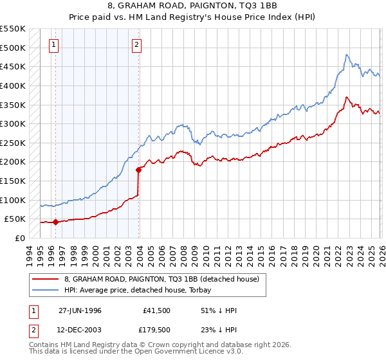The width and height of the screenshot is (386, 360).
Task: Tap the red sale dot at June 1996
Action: tap(55, 222)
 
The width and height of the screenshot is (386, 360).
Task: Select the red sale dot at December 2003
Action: tap(138, 170)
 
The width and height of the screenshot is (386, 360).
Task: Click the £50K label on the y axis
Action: tap(15, 219)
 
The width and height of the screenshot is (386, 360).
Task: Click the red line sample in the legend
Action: tap(46, 278)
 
